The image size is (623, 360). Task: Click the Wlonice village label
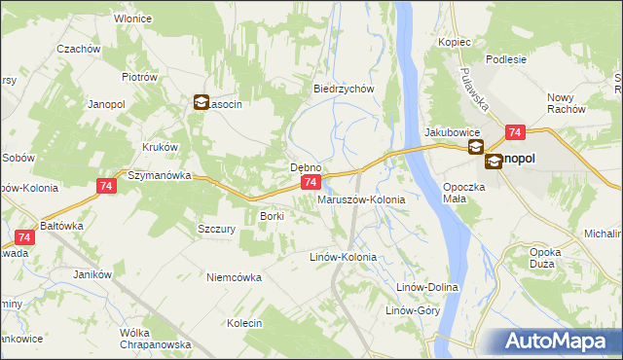(136, 18)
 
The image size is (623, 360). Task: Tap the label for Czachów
(80, 49)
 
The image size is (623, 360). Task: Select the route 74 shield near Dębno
(310, 182)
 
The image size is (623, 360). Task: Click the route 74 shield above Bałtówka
(26, 237)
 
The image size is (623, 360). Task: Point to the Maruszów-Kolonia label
(361, 199)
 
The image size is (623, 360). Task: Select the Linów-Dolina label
(426, 288)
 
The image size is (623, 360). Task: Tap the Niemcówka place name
(234, 277)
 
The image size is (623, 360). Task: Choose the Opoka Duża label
(545, 258)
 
